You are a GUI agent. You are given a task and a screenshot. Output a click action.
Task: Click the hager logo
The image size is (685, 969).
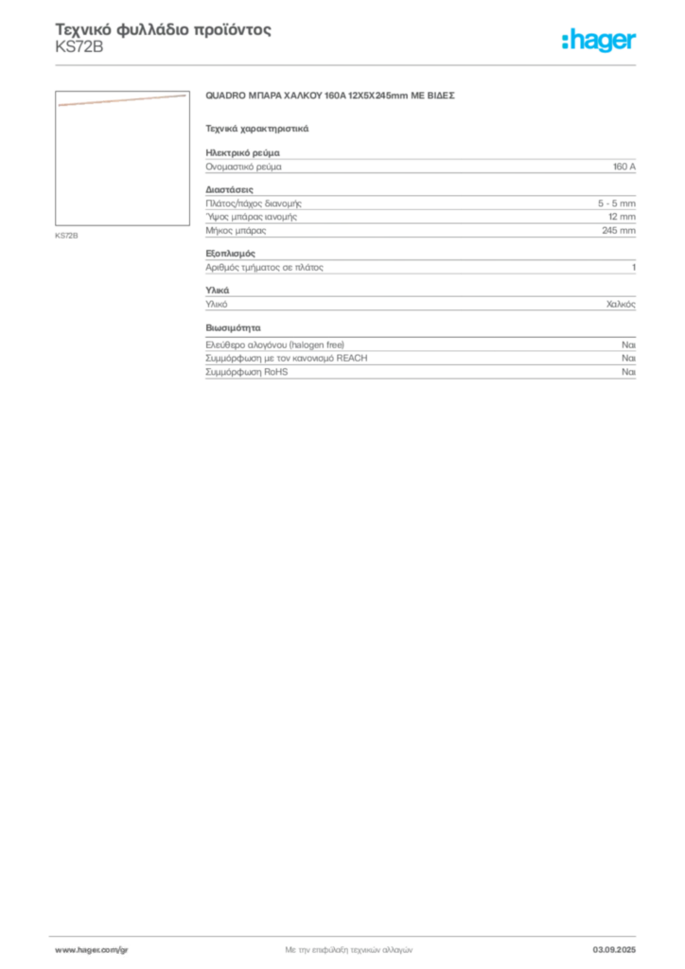(x=599, y=41)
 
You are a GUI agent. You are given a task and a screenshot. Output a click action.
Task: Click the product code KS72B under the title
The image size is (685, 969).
(x=79, y=47)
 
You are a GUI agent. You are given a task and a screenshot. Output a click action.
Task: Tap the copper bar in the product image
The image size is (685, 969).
(x=122, y=100)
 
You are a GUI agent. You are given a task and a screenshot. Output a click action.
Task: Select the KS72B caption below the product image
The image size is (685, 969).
(x=67, y=236)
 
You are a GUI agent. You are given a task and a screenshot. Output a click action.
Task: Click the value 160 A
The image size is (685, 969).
(x=624, y=167)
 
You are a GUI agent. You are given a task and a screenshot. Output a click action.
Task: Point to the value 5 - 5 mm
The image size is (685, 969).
(x=617, y=203)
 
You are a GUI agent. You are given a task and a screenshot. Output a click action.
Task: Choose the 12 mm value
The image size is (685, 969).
(x=622, y=217)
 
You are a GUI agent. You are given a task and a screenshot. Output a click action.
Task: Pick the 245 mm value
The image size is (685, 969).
(x=619, y=231)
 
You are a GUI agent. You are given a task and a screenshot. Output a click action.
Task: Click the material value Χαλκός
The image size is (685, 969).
(x=621, y=304)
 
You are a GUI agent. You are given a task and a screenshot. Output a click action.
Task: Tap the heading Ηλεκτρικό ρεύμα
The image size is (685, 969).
(x=243, y=152)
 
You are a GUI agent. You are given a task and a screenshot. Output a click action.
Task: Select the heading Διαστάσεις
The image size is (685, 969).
(x=229, y=189)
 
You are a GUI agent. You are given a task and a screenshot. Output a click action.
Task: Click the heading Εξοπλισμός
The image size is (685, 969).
(x=231, y=254)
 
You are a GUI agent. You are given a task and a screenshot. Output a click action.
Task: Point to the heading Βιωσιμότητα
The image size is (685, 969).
(x=233, y=327)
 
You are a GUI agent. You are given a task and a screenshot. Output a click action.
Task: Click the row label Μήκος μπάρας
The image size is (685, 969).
(x=236, y=231)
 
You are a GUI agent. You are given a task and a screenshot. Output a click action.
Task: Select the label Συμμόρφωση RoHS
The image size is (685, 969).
(x=246, y=372)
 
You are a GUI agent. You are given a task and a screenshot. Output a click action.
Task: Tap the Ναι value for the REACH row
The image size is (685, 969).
(x=628, y=359)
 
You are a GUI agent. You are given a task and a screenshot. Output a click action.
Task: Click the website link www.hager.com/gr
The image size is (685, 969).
(x=92, y=950)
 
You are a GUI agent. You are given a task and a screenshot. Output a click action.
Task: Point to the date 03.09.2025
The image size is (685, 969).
(x=614, y=950)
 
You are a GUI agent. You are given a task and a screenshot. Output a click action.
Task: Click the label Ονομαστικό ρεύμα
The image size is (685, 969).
(x=243, y=167)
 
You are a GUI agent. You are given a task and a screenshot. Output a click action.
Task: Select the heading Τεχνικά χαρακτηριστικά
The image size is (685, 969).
(x=257, y=129)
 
